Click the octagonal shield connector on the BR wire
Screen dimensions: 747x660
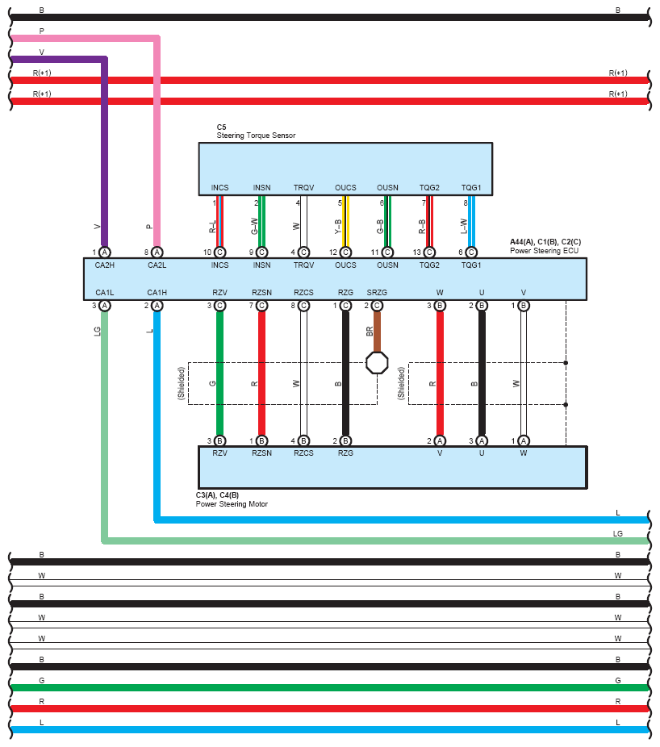377,362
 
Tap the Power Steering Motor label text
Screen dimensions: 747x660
232,504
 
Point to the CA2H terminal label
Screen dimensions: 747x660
105,265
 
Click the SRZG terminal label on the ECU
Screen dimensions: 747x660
377,292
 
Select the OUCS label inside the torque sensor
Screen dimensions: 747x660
345,188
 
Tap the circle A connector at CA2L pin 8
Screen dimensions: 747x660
157,252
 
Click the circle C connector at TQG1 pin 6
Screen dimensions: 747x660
471,252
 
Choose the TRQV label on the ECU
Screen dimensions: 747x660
303,265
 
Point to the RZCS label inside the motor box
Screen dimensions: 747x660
303,453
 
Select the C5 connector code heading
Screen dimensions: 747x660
221,127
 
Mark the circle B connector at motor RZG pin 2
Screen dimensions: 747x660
345,440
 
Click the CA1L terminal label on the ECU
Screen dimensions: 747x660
105,292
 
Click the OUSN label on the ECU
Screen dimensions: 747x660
387,265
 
